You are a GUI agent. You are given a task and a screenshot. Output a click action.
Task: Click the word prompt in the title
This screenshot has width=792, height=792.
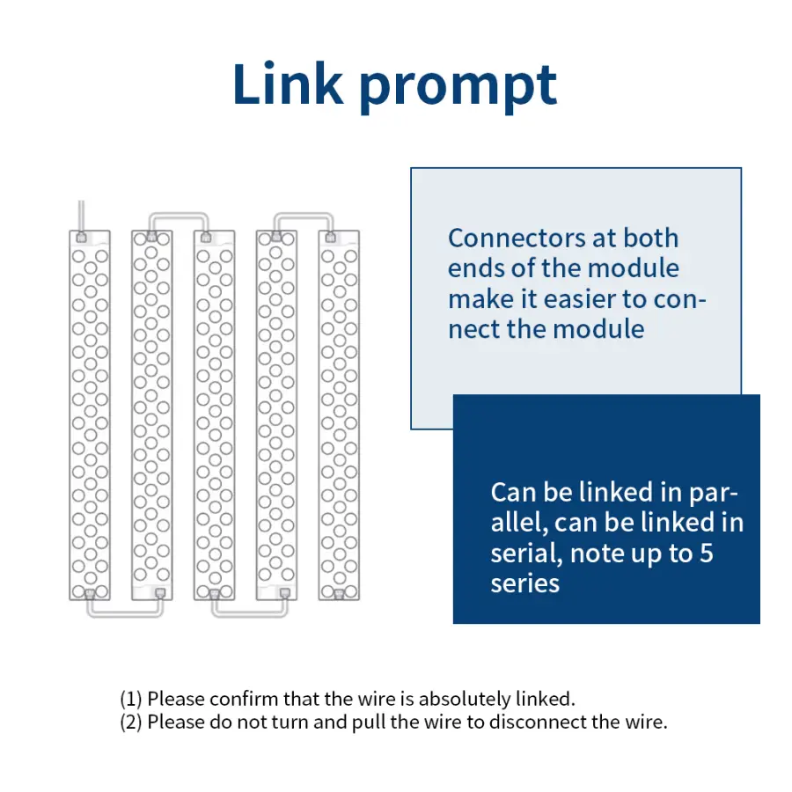pyautogui.click(x=458, y=87)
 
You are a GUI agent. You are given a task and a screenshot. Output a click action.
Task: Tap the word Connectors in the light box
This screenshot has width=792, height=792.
pyautogui.click(x=517, y=238)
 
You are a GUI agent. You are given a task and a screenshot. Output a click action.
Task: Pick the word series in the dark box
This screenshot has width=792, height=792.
pyautogui.click(x=525, y=584)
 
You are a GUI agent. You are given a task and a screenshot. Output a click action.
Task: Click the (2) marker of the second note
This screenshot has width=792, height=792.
pyautogui.click(x=131, y=722)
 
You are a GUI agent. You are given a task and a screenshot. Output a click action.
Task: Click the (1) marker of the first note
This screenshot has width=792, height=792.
pyautogui.click(x=131, y=700)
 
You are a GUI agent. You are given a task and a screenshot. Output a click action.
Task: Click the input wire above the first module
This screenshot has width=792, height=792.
pyautogui.click(x=81, y=216)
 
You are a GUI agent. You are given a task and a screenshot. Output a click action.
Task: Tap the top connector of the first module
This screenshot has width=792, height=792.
pyautogui.click(x=81, y=238)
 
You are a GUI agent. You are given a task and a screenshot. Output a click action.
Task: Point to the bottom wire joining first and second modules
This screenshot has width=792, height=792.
pyautogui.click(x=125, y=613)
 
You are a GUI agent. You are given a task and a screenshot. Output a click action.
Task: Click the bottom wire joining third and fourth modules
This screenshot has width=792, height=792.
pyautogui.click(x=250, y=613)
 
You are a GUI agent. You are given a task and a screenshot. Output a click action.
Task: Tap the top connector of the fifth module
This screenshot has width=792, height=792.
pyautogui.click(x=330, y=238)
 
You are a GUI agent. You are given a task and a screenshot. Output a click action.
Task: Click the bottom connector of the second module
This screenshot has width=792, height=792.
pyautogui.click(x=160, y=593)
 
